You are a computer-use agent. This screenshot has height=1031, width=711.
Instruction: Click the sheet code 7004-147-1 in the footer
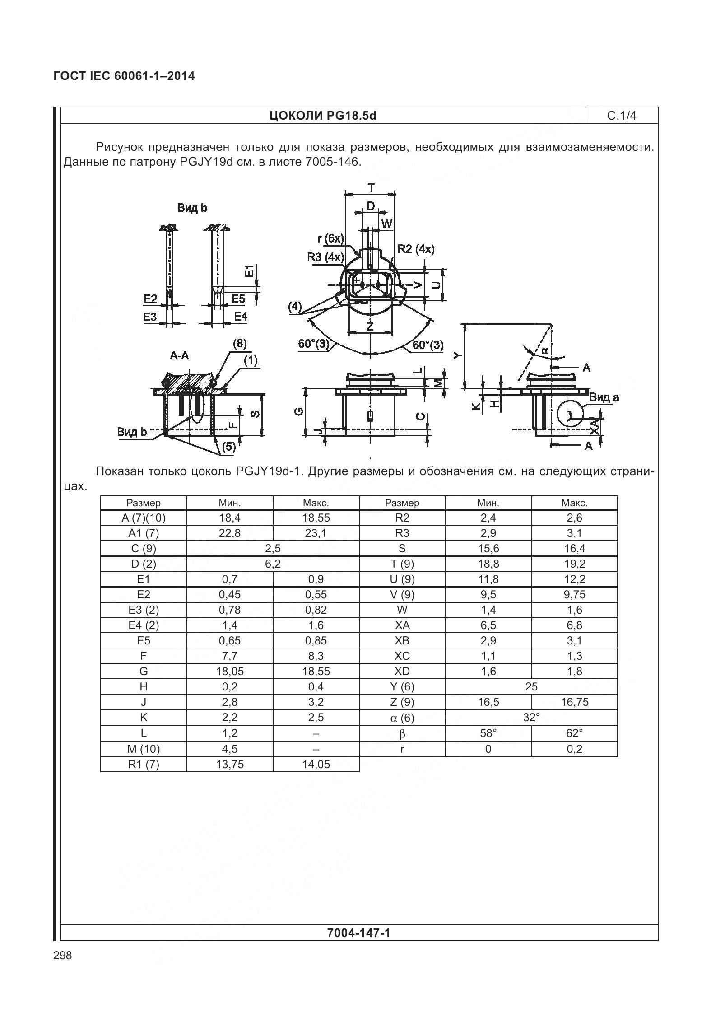pyautogui.click(x=359, y=933)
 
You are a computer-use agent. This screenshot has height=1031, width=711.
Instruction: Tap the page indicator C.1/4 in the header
pyautogui.click(x=622, y=116)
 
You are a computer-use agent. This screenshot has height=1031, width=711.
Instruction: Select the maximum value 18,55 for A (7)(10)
pyautogui.click(x=316, y=518)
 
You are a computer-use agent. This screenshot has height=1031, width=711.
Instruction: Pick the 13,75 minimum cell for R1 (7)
pyautogui.click(x=230, y=764)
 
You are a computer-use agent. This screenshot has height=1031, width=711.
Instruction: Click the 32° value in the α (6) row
pyautogui.click(x=531, y=718)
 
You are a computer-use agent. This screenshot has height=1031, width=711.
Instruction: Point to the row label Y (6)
pyautogui.click(x=402, y=687)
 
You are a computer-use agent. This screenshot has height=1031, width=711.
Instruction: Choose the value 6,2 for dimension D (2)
pyautogui.click(x=273, y=564)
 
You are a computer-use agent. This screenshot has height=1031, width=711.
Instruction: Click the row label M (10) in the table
pyautogui.click(x=144, y=749)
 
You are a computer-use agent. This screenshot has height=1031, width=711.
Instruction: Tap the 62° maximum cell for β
pyautogui.click(x=574, y=733)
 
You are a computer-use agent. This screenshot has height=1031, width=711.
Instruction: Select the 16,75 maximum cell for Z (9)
pyautogui.click(x=574, y=702)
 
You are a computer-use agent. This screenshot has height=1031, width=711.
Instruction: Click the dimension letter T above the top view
pyautogui.click(x=371, y=187)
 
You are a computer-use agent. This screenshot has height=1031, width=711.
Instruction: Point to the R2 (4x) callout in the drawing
pyautogui.click(x=416, y=249)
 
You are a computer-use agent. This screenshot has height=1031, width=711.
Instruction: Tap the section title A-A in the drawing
pyautogui.click(x=179, y=356)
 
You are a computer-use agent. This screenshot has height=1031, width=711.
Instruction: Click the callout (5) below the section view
pyautogui.click(x=228, y=447)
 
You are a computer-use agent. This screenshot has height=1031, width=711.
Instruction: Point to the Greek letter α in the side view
pyautogui.click(x=544, y=350)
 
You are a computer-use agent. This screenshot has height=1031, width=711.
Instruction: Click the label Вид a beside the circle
pyautogui.click(x=604, y=397)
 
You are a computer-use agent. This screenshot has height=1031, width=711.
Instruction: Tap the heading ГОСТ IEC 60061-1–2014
pyautogui.click(x=124, y=76)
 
